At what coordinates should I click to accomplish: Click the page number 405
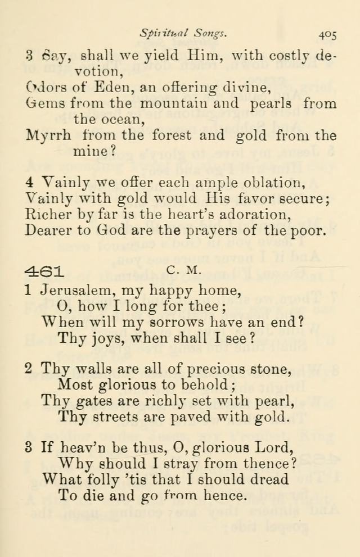[327, 34]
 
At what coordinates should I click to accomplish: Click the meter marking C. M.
[184, 270]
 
